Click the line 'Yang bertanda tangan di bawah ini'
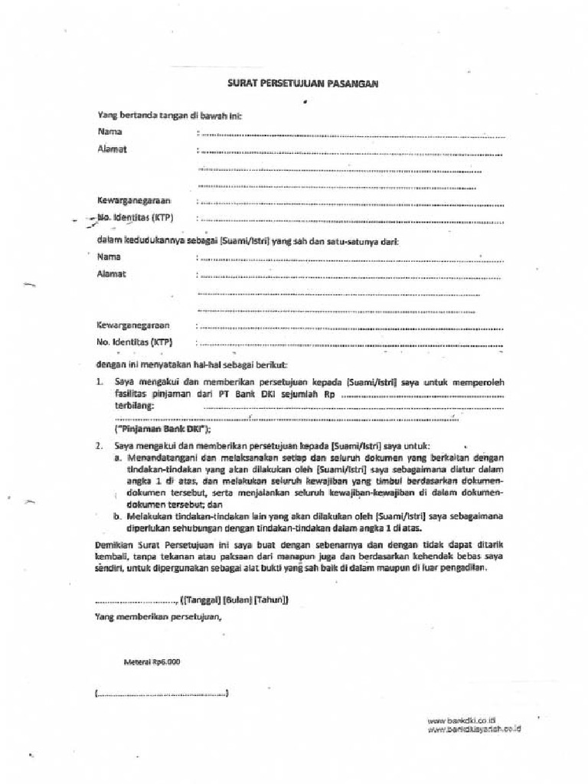coord(169,115)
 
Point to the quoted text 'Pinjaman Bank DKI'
coord(162,430)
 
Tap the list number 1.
coord(100,381)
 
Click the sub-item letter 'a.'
coord(119,457)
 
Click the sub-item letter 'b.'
coord(119,517)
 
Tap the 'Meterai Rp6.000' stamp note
coord(152,661)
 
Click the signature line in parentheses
coord(162,694)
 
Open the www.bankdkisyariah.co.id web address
coord(474,730)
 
